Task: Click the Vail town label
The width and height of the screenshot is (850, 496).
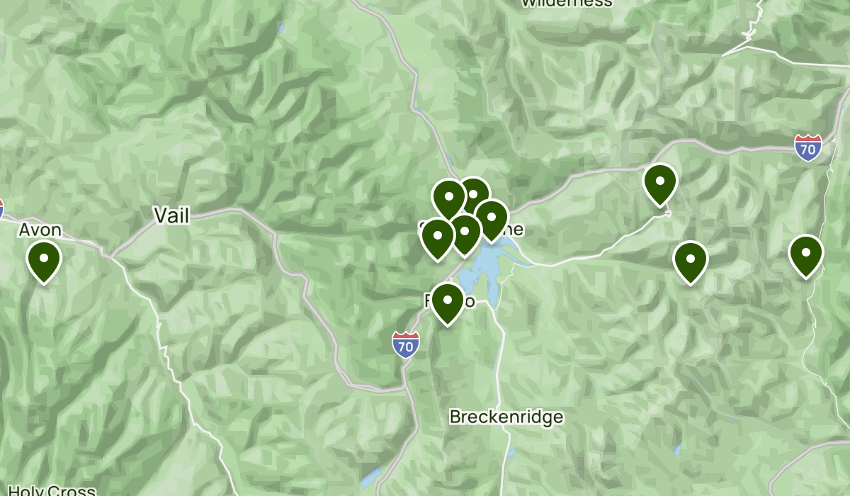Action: tap(172, 215)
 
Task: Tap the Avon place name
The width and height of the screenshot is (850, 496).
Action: tap(40, 230)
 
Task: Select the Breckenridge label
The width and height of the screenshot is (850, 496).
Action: tap(506, 417)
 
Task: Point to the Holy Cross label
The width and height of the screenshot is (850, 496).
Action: tap(48, 490)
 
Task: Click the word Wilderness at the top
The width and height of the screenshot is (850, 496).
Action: tap(567, 3)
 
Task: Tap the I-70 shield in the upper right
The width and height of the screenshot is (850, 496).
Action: tap(807, 147)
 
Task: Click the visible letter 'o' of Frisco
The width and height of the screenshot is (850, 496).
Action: tap(469, 302)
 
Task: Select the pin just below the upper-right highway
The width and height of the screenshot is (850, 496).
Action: tap(659, 182)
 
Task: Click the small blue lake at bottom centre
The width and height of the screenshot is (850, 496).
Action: tap(370, 479)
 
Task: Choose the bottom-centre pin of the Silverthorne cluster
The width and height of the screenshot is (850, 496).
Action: tap(465, 232)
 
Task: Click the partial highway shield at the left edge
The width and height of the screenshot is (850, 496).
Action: tap(1, 208)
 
